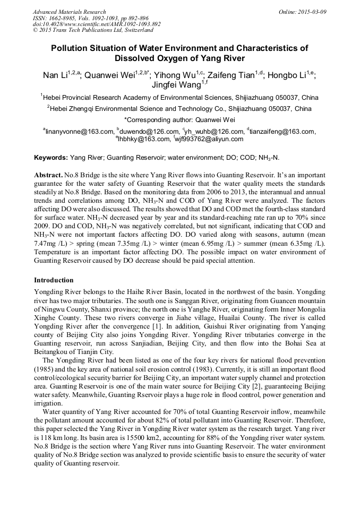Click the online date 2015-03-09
(310, 12)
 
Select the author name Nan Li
(55, 75)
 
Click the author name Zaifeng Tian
(230, 75)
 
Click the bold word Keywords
(50, 158)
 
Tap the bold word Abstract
(48, 175)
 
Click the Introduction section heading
(54, 280)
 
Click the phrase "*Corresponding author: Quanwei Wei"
(179, 119)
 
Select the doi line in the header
(97, 24)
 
